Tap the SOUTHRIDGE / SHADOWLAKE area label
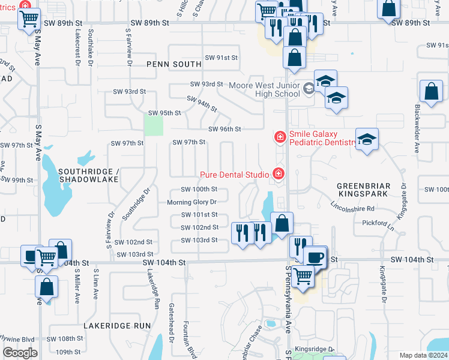point(89,176)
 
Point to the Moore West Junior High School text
point(264,89)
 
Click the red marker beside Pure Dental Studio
point(278,175)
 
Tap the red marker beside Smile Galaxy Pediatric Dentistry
point(279,138)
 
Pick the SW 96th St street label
point(224,129)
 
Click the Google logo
point(20,352)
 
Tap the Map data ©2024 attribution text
point(423,355)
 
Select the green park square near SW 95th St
point(154,125)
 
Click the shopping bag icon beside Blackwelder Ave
point(431,92)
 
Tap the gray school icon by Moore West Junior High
point(309,89)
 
